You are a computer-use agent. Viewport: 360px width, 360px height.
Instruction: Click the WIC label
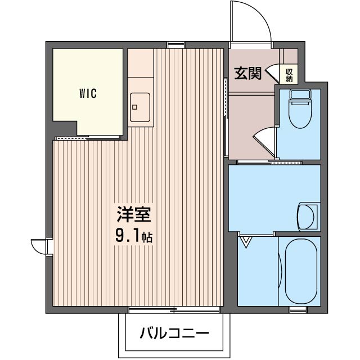(88, 94)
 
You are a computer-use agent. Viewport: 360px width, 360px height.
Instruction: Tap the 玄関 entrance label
(247, 74)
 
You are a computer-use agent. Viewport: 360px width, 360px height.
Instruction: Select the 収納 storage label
(289, 75)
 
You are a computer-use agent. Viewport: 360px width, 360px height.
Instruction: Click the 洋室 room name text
(133, 215)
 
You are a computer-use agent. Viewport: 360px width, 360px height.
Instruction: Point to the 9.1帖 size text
(134, 236)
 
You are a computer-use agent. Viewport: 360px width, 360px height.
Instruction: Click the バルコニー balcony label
(174, 333)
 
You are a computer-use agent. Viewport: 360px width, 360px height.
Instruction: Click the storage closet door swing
(274, 74)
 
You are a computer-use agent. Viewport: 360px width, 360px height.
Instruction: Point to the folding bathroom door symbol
(246, 242)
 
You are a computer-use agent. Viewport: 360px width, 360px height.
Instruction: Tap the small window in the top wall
(176, 43)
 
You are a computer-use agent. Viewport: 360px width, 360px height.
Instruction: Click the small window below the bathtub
(298, 309)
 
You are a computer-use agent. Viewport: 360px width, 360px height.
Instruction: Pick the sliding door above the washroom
(270, 163)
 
